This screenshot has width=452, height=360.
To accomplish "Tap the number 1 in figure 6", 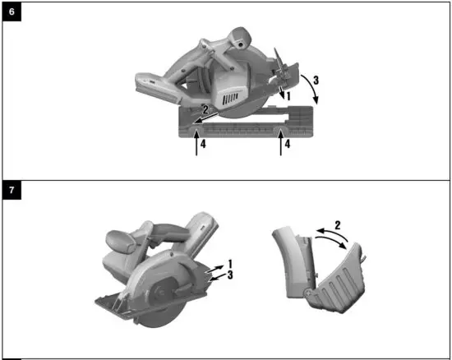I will [288, 97].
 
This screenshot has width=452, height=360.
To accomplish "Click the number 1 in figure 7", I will [230, 264].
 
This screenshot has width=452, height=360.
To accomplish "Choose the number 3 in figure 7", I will [230, 275].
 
